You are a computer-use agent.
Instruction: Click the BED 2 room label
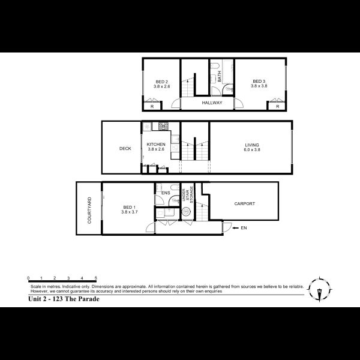click(x=161, y=82)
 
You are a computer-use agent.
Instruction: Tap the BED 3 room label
click(x=259, y=81)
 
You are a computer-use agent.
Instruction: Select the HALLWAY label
click(x=212, y=103)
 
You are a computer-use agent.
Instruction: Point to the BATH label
click(x=219, y=76)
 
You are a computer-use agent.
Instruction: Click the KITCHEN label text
click(x=156, y=145)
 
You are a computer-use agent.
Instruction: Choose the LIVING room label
click(x=252, y=145)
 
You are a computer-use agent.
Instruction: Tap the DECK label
click(x=125, y=149)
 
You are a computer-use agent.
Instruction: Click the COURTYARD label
click(x=89, y=211)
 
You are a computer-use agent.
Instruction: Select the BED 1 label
click(x=129, y=208)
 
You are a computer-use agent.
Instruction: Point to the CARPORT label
click(x=245, y=203)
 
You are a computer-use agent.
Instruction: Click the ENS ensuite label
click(x=166, y=193)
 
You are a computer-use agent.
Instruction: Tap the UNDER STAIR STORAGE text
click(x=187, y=195)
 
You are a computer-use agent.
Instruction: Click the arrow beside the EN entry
click(x=236, y=228)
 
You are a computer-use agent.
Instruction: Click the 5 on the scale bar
click(x=96, y=278)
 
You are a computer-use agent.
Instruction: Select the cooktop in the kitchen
click(x=163, y=126)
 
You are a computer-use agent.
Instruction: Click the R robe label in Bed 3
click(x=278, y=107)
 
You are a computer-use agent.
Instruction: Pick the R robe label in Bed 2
click(x=152, y=107)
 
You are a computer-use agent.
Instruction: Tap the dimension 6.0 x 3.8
click(x=252, y=150)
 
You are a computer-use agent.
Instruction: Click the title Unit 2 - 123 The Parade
click(x=64, y=299)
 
